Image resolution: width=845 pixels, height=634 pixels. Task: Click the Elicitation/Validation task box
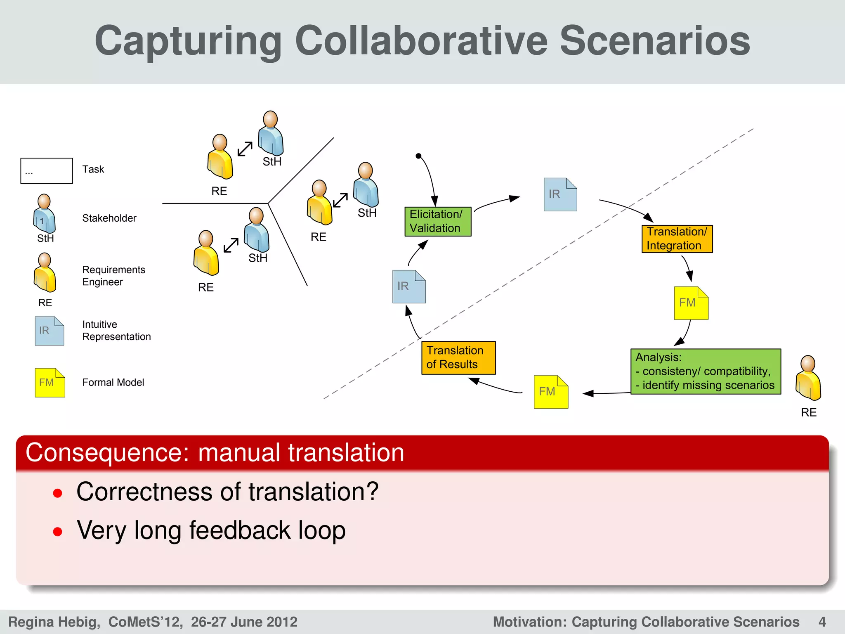tap(437, 222)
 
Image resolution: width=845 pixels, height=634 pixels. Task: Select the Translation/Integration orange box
tap(677, 239)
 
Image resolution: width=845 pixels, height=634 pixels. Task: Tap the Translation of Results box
tap(458, 357)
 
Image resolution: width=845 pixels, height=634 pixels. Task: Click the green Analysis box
tap(705, 371)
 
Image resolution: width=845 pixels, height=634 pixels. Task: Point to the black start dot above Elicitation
tap(418, 156)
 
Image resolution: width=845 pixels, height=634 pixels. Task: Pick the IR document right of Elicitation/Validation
tap(560, 194)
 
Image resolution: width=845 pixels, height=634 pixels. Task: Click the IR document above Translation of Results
tap(408, 286)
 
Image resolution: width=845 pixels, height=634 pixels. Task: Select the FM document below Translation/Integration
tap(691, 303)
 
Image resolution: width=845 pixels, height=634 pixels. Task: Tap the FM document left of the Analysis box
tap(550, 392)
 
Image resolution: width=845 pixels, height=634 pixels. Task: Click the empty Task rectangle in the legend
tap(47, 170)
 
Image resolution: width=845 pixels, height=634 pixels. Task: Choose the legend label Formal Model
tap(113, 382)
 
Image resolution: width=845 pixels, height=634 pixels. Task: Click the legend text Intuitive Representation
tap(116, 330)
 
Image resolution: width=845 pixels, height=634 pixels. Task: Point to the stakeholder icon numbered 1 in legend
tap(44, 214)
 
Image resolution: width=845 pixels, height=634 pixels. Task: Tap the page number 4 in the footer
tap(822, 622)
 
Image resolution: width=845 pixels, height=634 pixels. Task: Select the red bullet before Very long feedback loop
tap(58, 531)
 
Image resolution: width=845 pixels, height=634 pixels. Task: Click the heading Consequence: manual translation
tap(215, 452)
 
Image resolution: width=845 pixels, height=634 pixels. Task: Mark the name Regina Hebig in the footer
tap(54, 622)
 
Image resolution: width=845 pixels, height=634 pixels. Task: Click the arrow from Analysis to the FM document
tap(607, 393)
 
